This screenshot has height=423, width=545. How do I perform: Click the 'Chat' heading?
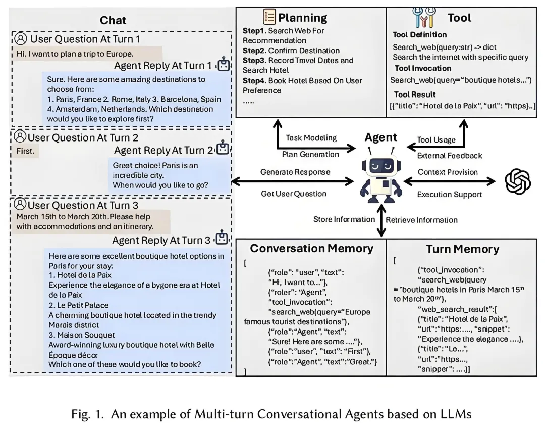[113, 20]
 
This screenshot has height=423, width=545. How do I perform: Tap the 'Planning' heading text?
[303, 18]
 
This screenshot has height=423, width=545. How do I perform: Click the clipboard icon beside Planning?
[269, 17]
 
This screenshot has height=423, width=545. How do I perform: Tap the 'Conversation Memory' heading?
[311, 249]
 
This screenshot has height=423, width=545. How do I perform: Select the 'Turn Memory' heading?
[462, 249]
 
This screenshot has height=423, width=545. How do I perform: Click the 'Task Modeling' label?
[311, 138]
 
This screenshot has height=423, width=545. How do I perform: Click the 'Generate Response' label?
[295, 172]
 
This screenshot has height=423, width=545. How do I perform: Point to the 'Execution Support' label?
[449, 194]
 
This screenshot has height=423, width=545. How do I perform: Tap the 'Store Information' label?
[344, 219]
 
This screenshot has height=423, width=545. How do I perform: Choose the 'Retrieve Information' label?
[422, 220]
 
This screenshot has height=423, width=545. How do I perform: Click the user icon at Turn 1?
[20, 39]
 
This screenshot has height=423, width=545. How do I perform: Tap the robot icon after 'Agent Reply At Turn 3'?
[223, 239]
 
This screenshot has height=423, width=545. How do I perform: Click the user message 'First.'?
[25, 151]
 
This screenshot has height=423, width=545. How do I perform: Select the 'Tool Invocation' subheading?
[423, 68]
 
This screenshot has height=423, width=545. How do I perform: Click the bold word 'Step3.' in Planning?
[255, 61]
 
